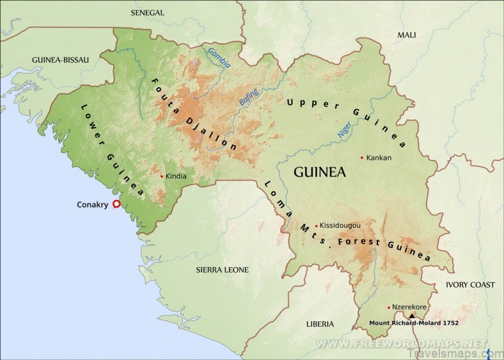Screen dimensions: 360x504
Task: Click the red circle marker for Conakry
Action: click(116, 205)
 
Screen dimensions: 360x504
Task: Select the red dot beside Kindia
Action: click(161, 176)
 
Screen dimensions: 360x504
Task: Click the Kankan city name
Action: click(379, 158)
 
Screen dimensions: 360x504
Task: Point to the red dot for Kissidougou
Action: click(316, 226)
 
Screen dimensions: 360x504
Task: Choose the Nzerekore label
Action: click(409, 307)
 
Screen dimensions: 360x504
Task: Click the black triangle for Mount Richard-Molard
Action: click(412, 316)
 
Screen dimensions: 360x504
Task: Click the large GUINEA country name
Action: click(320, 172)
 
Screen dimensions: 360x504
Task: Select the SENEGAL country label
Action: click(148, 13)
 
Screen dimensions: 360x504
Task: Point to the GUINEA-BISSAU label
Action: click(60, 59)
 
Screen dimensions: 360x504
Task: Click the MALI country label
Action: click(407, 35)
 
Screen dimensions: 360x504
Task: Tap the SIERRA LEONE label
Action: click(222, 270)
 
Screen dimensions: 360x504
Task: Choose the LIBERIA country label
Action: click(320, 324)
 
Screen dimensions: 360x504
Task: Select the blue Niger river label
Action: click(344, 130)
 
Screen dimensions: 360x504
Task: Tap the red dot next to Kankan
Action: click(362, 158)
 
